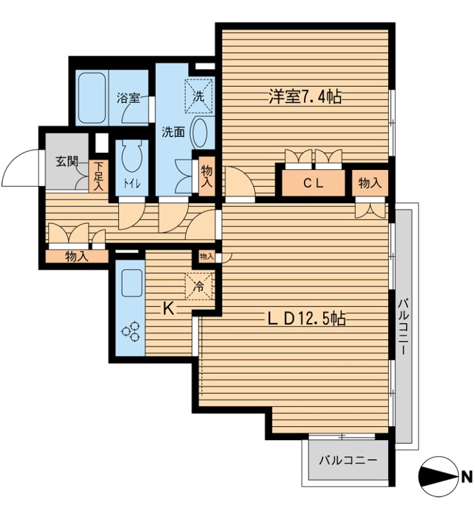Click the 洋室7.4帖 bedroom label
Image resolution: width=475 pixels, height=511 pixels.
(305, 97)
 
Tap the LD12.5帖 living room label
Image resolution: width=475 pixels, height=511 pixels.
(306, 318)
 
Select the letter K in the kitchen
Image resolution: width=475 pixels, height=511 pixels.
(168, 309)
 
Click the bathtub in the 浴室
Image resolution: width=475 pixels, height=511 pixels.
(92, 98)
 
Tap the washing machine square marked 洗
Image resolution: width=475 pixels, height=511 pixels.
(199, 96)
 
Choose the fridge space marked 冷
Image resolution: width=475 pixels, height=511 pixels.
(199, 286)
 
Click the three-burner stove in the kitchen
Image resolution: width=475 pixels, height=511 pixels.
(131, 332)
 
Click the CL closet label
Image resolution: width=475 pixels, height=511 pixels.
(313, 183)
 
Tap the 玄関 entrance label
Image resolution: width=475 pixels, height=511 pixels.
(66, 162)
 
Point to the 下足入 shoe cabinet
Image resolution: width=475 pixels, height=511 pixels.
(98, 176)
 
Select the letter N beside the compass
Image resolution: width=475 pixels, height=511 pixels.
(466, 477)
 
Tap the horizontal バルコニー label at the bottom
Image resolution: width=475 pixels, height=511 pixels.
(347, 461)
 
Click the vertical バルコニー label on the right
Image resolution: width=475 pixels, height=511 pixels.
(403, 326)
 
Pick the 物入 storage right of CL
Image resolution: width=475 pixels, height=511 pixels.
(370, 183)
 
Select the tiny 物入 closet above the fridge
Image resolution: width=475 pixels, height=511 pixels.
(206, 257)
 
